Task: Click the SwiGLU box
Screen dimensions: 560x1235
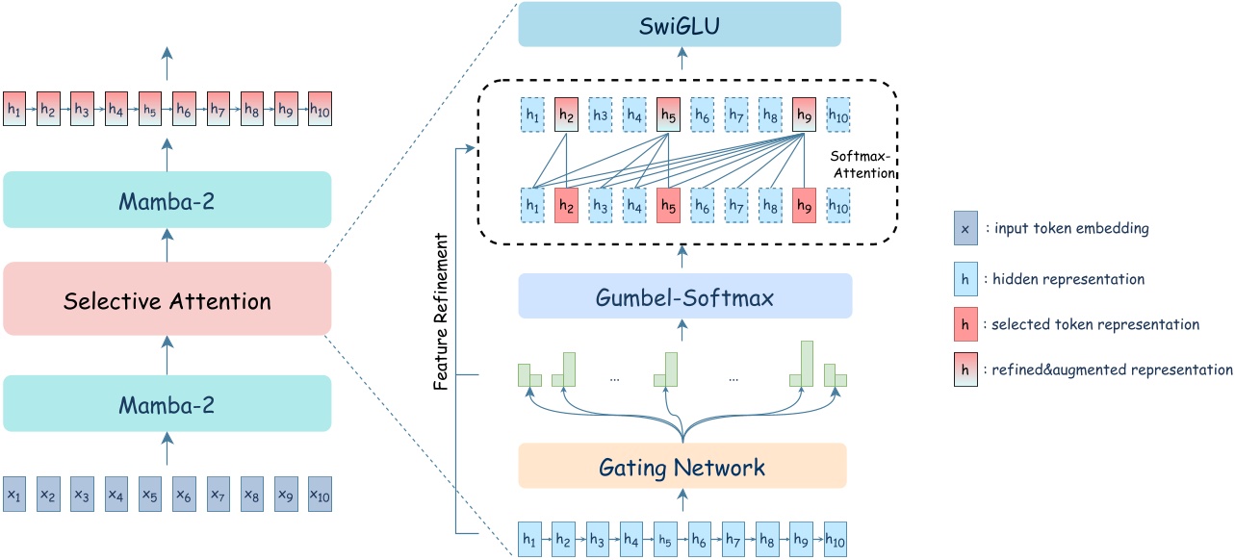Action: point(680,24)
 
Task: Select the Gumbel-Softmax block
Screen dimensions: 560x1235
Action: point(685,296)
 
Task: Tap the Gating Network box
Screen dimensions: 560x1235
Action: point(682,467)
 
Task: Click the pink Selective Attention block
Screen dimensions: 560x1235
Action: point(167,301)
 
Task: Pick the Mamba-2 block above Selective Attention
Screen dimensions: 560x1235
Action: point(167,200)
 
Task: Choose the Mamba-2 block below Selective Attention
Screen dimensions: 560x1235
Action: point(167,403)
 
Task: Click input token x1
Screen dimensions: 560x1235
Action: point(14,495)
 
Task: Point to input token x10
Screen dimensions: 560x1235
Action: point(320,495)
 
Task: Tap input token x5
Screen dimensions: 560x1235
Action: point(150,495)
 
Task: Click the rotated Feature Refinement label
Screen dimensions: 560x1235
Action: point(441,311)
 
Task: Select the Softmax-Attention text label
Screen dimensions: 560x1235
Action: point(862,165)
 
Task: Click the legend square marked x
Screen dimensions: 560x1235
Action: point(965,229)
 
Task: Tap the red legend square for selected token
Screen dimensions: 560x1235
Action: point(965,324)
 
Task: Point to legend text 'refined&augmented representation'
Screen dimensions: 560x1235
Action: point(1112,369)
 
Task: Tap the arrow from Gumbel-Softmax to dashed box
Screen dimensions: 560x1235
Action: point(682,255)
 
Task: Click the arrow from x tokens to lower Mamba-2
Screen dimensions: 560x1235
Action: point(167,450)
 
